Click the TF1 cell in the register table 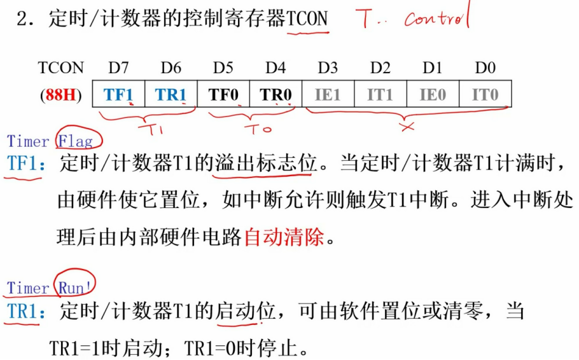click(119, 95)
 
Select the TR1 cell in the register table click(171, 95)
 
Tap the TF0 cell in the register click(223, 95)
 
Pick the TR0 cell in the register click(276, 95)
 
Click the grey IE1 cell click(328, 95)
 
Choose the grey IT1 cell click(380, 95)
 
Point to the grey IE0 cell click(433, 95)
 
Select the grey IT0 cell click(485, 95)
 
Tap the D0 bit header click(485, 67)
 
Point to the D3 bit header click(328, 67)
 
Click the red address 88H click(61, 95)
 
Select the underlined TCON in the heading click(307, 19)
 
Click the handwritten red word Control click(436, 18)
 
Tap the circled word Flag click(76, 141)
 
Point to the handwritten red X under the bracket click(407, 126)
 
